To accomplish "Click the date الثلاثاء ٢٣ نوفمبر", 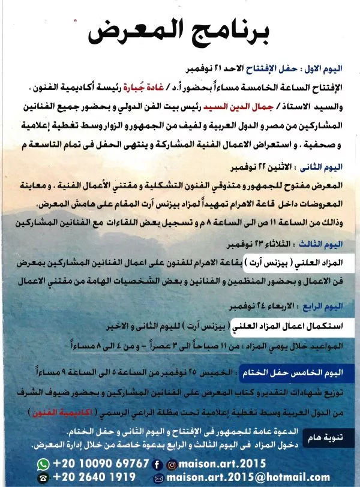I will point(258,245).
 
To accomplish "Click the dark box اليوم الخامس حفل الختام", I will point(290,372).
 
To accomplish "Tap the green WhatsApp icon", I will point(43,464).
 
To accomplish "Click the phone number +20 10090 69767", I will point(101,464).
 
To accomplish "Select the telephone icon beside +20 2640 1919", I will point(43,477).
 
